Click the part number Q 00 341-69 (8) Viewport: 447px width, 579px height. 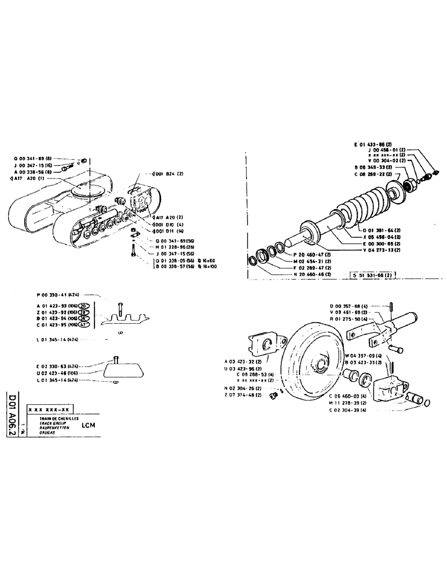coord(35,157)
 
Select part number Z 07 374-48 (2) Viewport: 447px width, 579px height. coord(244,395)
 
